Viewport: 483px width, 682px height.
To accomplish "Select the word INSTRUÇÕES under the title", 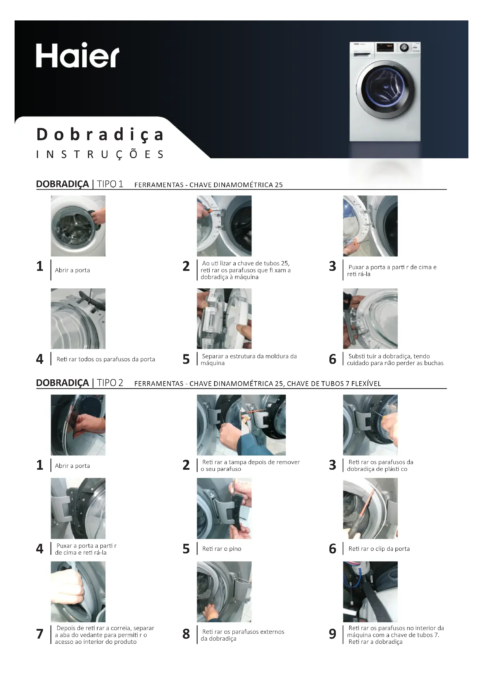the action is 100,155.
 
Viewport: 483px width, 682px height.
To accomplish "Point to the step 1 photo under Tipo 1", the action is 78,226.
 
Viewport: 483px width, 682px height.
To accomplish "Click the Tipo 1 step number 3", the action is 333,266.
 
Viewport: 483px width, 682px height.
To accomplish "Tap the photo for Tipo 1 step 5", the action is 224,318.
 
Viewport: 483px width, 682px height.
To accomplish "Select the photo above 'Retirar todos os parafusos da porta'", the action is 78,318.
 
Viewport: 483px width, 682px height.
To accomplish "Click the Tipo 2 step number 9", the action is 333,634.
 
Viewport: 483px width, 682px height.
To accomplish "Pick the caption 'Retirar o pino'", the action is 222,549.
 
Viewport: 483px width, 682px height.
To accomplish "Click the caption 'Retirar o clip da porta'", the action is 379,549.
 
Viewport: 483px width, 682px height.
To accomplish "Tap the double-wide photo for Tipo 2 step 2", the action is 241,425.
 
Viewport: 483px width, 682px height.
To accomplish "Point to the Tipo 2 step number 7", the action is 40,634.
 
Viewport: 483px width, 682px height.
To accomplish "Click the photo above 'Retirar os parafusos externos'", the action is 224,592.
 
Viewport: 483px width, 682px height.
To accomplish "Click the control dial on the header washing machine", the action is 404,48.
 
